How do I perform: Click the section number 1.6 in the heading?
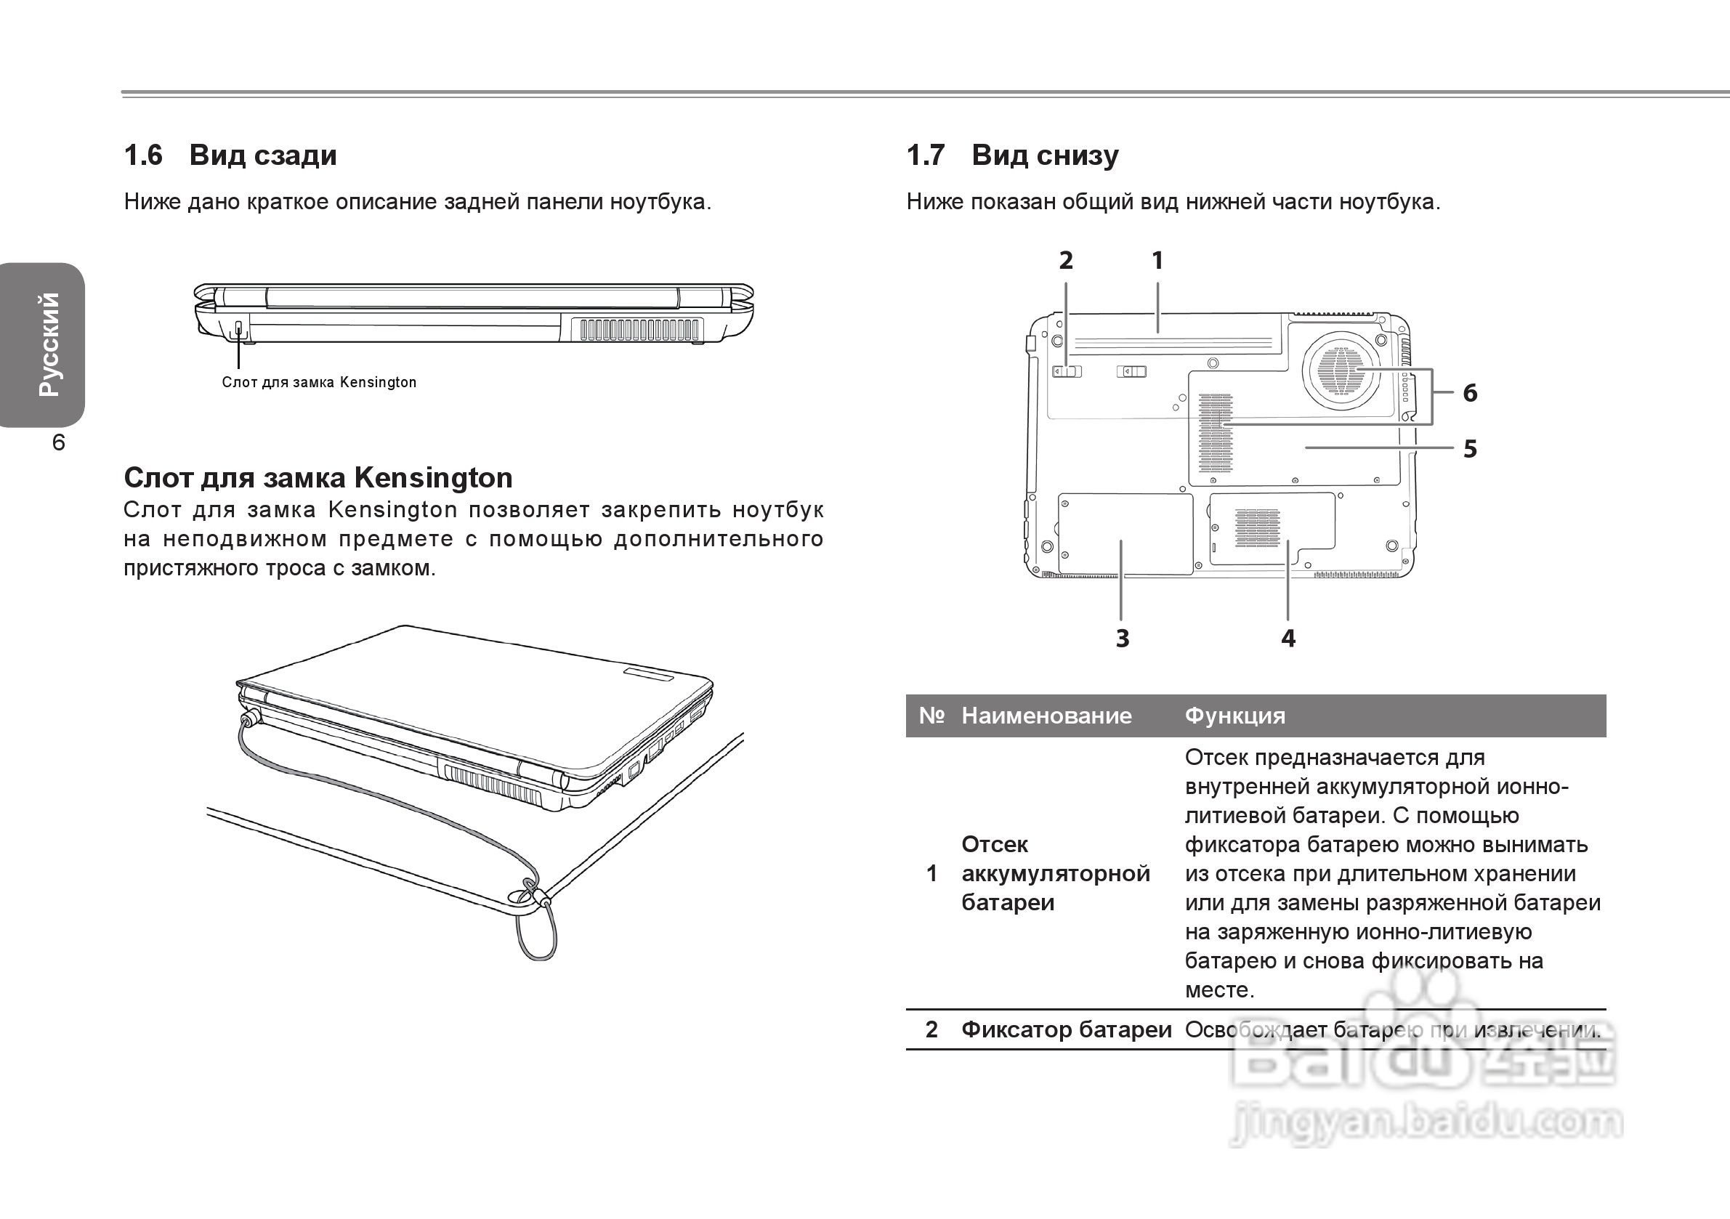coord(143,155)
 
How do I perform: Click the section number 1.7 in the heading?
coord(925,155)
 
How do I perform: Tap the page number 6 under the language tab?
coord(58,442)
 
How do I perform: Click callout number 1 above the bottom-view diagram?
coord(1157,261)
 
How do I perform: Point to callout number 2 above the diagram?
coord(1065,261)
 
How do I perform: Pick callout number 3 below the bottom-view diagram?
coord(1122,639)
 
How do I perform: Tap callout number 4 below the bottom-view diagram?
coord(1288,639)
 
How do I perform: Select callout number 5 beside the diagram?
coord(1469,449)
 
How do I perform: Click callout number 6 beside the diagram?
coord(1469,392)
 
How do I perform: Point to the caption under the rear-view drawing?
coord(319,382)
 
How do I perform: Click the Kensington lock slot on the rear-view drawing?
coord(239,328)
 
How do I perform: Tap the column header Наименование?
coord(1046,716)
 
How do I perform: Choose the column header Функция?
coord(1235,716)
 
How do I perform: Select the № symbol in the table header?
coord(931,716)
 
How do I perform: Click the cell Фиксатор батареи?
coord(1066,1029)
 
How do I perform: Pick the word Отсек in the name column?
coord(995,845)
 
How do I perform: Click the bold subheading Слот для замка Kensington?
coord(318,478)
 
